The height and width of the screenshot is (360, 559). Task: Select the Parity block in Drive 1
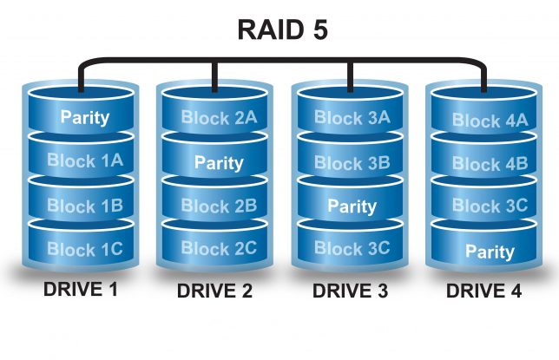pos(84,117)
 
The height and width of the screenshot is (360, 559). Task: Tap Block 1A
pos(84,160)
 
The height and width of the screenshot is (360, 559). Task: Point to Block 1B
pos(84,206)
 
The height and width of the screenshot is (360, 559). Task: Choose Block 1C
pos(84,250)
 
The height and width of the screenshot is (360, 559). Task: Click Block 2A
pos(218,117)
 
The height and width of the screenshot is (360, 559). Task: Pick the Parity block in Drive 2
pos(218,162)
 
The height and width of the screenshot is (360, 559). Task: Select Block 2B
pos(218,206)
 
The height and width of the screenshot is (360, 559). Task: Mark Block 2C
pos(218,249)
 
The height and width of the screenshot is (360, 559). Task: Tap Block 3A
pos(352,118)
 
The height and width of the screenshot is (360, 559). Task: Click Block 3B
pos(352,162)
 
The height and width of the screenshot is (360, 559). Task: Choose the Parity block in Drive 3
pos(352,206)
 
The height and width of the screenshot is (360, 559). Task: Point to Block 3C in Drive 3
pos(352,250)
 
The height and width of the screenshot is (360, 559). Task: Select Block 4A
pos(489,121)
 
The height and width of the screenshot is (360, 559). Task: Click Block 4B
pos(489,164)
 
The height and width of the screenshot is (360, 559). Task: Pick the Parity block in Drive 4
pos(489,252)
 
